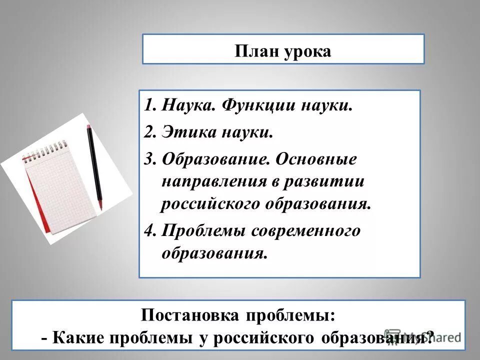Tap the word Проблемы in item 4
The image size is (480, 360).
click(205, 230)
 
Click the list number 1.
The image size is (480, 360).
click(149, 106)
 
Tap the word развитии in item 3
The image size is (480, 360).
click(332, 181)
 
